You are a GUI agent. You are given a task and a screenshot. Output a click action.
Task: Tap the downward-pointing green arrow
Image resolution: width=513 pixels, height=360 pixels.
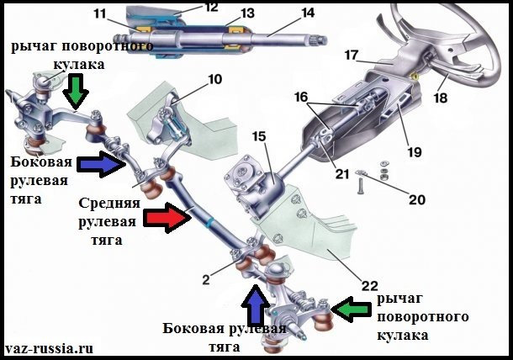(77, 91)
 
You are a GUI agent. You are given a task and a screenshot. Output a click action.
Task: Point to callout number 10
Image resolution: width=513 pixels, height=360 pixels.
(214, 81)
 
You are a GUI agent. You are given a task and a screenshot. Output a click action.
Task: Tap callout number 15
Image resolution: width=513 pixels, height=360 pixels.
(257, 135)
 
